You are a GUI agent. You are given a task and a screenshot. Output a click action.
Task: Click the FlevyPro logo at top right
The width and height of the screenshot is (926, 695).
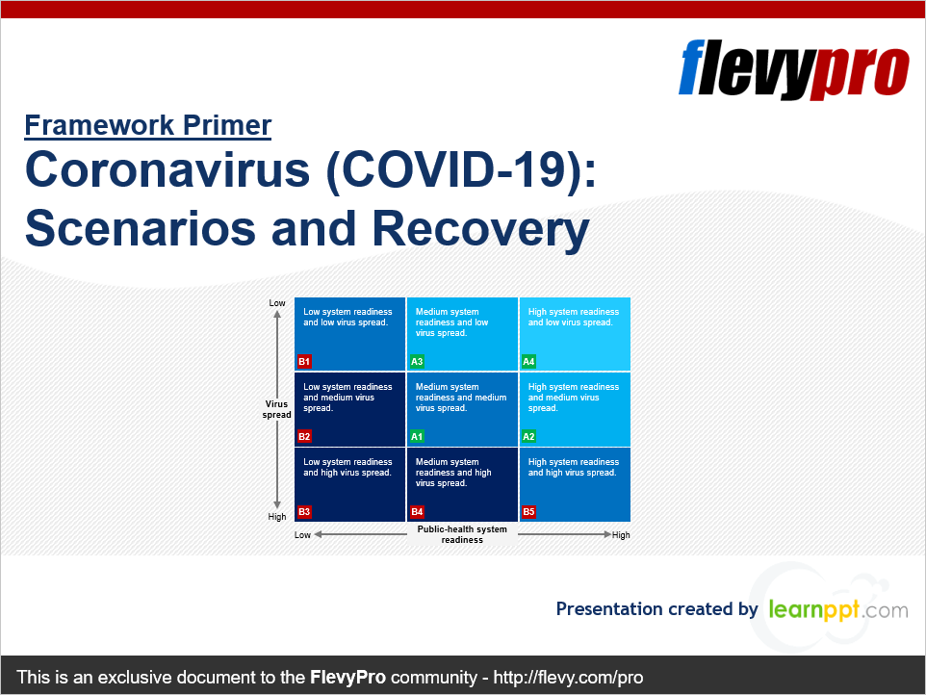click(794, 68)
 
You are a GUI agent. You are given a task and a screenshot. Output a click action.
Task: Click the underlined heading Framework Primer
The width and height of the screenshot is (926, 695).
click(148, 125)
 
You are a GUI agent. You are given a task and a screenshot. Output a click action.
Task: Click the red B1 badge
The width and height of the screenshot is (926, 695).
click(304, 362)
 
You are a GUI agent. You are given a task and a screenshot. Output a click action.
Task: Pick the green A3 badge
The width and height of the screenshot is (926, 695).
click(417, 362)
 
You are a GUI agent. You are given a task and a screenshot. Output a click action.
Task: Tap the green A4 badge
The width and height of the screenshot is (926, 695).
click(528, 362)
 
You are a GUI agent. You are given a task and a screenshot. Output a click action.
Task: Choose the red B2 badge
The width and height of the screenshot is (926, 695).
click(304, 436)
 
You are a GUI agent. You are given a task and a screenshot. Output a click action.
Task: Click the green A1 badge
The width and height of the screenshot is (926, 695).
click(417, 436)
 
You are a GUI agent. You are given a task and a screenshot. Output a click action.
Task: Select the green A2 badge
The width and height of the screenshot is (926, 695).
click(528, 436)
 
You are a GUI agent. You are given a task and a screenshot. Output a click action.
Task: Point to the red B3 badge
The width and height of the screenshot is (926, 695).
click(304, 512)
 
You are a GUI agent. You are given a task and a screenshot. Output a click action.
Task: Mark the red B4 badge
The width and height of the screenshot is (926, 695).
click(417, 512)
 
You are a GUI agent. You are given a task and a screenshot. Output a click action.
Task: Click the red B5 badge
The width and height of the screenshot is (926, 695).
click(528, 512)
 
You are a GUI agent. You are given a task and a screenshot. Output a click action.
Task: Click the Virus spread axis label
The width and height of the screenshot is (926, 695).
click(277, 409)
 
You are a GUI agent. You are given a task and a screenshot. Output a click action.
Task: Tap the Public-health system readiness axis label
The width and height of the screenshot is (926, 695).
click(462, 534)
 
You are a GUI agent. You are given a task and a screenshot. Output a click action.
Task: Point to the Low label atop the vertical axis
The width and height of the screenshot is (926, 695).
click(277, 303)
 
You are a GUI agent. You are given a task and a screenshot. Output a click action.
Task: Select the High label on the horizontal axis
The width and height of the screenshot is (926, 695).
click(621, 535)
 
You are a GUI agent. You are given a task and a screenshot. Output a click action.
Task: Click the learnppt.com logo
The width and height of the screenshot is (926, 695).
click(837, 609)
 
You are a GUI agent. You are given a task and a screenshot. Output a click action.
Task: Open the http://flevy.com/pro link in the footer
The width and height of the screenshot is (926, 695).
click(568, 677)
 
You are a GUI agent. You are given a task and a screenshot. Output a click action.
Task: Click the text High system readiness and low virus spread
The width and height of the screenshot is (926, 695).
click(573, 317)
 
